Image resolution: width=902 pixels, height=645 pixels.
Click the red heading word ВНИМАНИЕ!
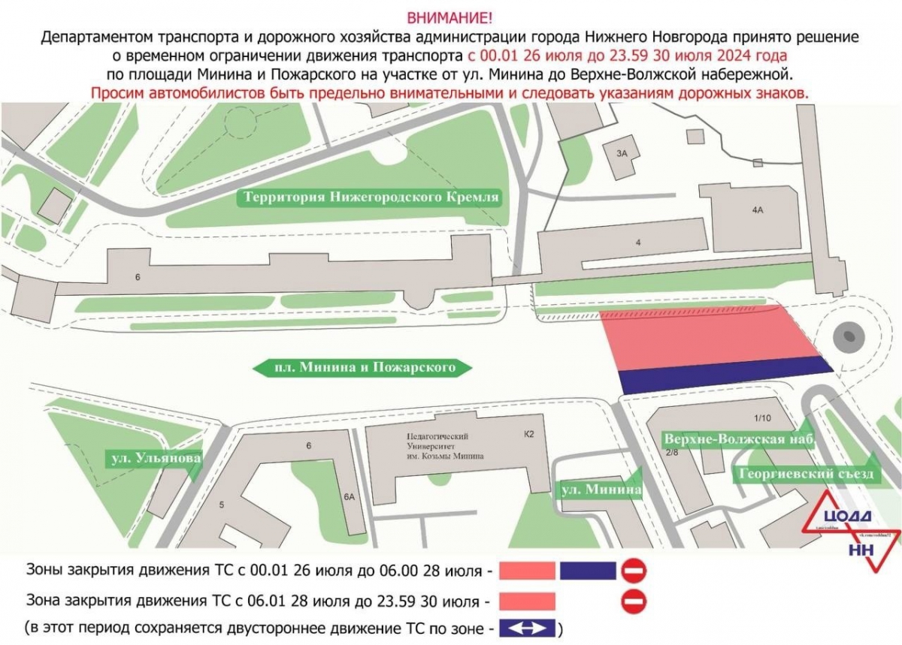pos(451,17)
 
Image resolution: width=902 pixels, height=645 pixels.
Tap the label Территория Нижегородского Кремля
pos(370,197)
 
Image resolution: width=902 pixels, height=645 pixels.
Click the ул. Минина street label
pos(601,490)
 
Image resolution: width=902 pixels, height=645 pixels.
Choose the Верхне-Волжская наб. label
pos(738,439)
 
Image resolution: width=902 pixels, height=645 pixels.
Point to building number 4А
pos(757,212)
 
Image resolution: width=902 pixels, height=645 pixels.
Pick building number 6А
pos(348,496)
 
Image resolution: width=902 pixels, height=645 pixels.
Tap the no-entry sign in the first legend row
pos(633,571)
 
